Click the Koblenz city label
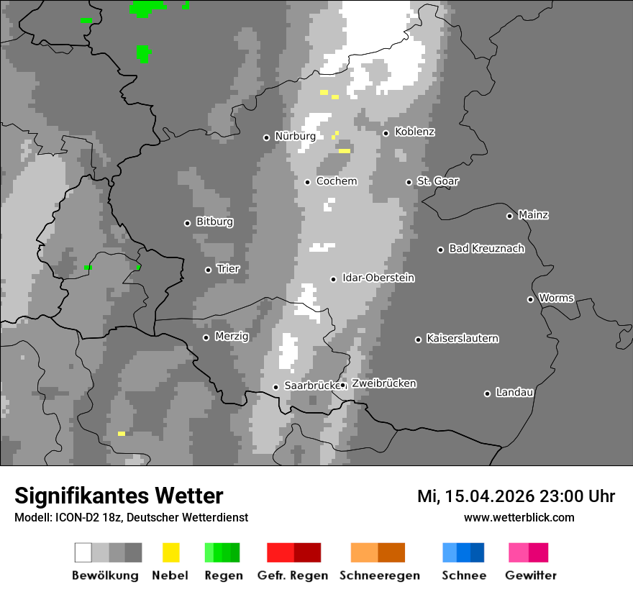pyautogui.click(x=414, y=132)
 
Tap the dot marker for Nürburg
pyautogui.click(x=266, y=137)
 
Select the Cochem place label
pyautogui.click(x=337, y=181)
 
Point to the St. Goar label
pyautogui.click(x=437, y=181)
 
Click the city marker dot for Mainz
pyautogui.click(x=509, y=216)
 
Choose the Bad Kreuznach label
pyautogui.click(x=486, y=249)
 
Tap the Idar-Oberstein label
pyautogui.click(x=378, y=278)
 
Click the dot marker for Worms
pyautogui.click(x=530, y=299)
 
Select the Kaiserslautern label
pyautogui.click(x=463, y=339)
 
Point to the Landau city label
pyautogui.click(x=514, y=393)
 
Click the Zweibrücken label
pyautogui.click(x=383, y=384)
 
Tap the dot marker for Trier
pyautogui.click(x=208, y=270)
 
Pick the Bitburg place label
pyautogui.click(x=214, y=222)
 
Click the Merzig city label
pyautogui.click(x=231, y=337)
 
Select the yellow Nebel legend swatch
pyautogui.click(x=170, y=552)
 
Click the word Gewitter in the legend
pyautogui.click(x=531, y=575)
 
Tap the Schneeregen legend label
pyautogui.click(x=379, y=575)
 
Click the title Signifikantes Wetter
pyautogui.click(x=119, y=496)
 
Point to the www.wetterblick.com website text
pyautogui.click(x=519, y=518)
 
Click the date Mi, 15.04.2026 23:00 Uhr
pyautogui.click(x=516, y=496)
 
